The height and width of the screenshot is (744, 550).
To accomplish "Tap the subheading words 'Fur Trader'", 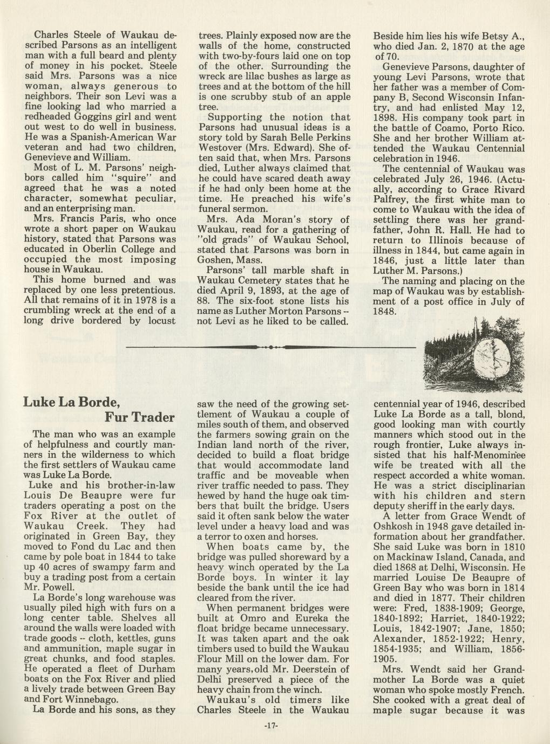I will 139,418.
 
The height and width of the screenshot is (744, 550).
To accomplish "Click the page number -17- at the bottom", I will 271,726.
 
